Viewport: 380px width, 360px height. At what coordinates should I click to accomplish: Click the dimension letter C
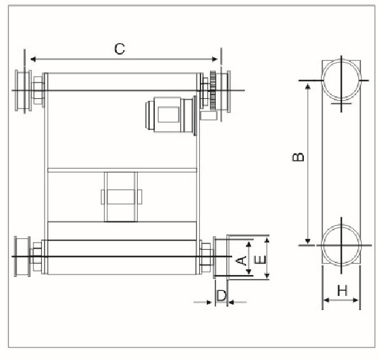119,49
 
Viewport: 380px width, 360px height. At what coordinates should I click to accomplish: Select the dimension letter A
240,259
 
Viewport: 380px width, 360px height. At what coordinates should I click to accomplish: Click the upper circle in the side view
343,82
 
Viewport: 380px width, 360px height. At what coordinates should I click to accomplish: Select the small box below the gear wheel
207,115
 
